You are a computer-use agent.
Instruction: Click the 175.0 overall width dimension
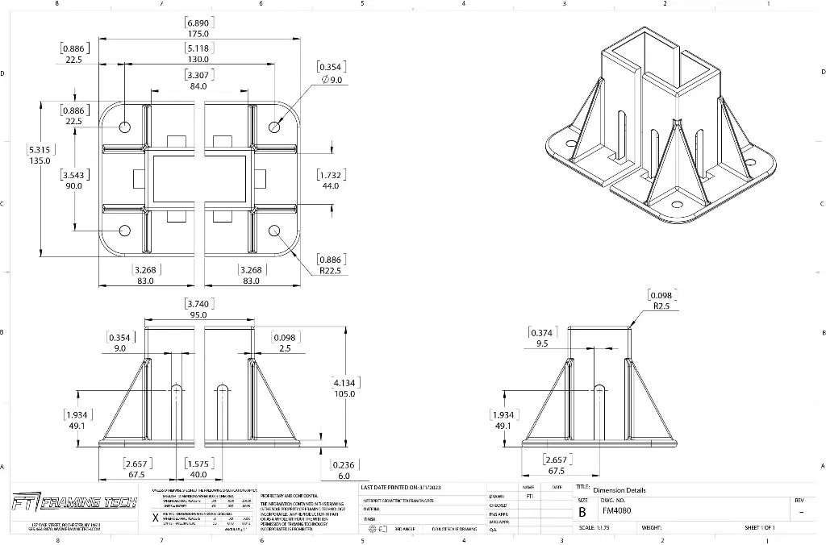(x=198, y=35)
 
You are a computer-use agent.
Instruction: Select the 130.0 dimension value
(x=198, y=60)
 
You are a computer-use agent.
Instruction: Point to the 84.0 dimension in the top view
(x=198, y=86)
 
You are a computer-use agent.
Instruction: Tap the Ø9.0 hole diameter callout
(x=332, y=80)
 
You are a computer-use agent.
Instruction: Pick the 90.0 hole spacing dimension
(x=73, y=186)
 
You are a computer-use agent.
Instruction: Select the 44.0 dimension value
(x=331, y=186)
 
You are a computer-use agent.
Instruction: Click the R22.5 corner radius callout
(x=331, y=271)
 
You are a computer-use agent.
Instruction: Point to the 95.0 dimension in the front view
(x=198, y=315)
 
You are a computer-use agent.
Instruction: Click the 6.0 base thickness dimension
(x=344, y=476)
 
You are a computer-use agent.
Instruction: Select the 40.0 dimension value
(x=198, y=475)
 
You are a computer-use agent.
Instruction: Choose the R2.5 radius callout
(x=661, y=306)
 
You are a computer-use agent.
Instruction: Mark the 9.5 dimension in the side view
(x=541, y=343)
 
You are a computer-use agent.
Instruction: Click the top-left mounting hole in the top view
(x=125, y=127)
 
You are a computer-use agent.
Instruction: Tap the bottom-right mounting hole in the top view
(x=274, y=231)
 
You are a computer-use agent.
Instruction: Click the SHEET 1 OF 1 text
(x=760, y=528)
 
